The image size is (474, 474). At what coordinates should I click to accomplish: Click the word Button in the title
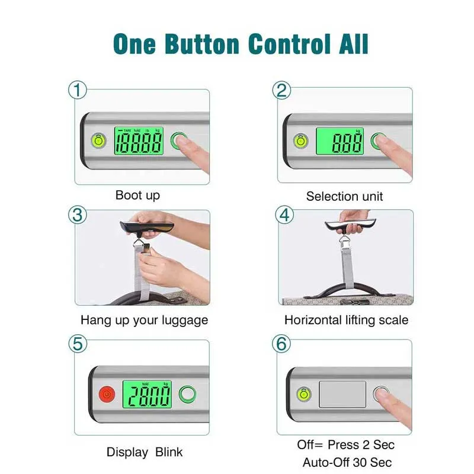tap(202, 44)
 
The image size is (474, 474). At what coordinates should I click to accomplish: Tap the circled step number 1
tap(78, 90)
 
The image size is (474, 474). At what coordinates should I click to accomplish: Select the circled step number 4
tap(284, 215)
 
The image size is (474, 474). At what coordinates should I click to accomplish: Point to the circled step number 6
tap(281, 344)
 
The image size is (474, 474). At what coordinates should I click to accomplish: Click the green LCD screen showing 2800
tap(147, 394)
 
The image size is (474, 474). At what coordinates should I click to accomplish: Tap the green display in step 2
tap(340, 141)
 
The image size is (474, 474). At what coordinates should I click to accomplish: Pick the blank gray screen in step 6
tap(342, 394)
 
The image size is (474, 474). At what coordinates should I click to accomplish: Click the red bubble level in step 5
tap(107, 394)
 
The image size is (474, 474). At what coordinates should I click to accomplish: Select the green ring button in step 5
tap(187, 394)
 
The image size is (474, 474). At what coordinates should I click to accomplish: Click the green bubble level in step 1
tap(98, 141)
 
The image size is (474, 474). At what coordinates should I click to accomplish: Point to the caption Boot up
tap(137, 196)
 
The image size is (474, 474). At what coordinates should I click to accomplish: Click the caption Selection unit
tap(344, 197)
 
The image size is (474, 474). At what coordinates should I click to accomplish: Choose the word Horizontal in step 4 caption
tap(313, 320)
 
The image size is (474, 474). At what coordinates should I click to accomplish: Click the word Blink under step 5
tap(169, 452)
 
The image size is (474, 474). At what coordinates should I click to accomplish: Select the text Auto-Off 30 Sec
tap(347, 463)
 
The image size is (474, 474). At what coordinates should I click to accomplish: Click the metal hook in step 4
tap(344, 240)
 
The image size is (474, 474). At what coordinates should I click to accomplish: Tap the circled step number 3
tap(78, 215)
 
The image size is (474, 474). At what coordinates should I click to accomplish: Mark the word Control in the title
tap(289, 44)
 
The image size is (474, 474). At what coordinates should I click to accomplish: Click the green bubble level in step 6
tap(304, 394)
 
